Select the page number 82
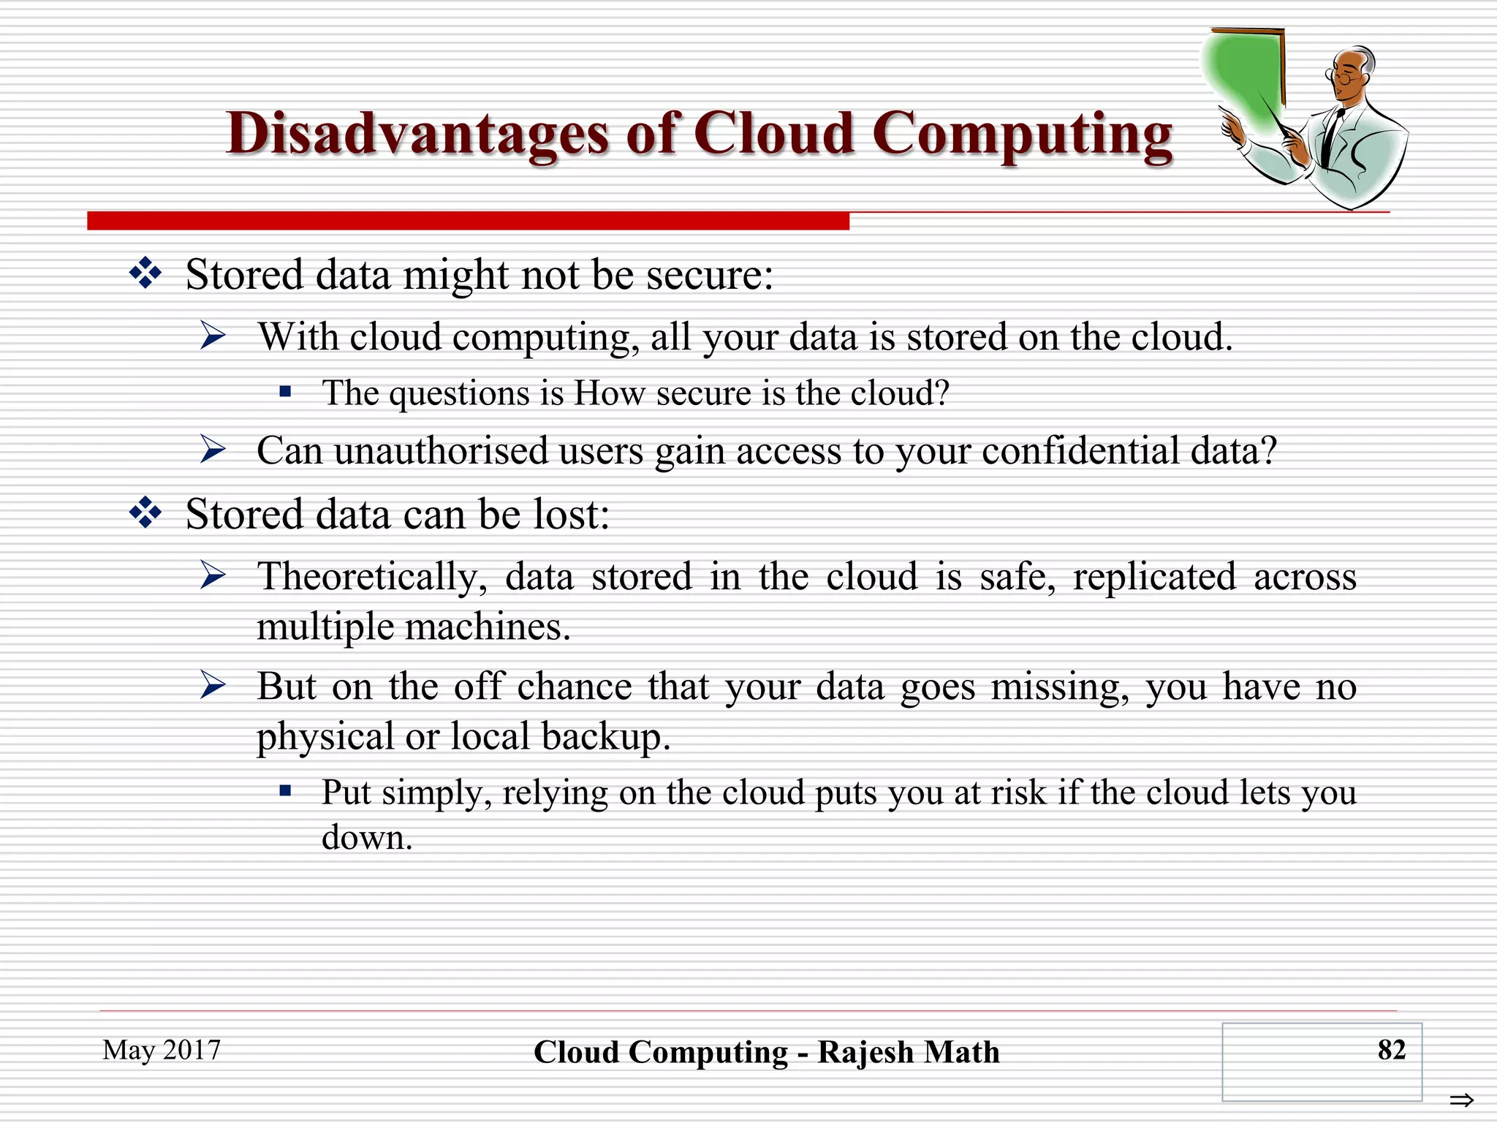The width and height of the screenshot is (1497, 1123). (1391, 1050)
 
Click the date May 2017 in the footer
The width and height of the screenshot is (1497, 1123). (162, 1050)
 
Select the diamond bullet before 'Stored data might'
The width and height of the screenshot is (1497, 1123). (145, 273)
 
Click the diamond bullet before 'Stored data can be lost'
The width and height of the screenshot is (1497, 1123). (145, 513)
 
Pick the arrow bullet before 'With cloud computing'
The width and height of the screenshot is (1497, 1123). (213, 336)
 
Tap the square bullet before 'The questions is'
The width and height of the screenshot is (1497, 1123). (285, 393)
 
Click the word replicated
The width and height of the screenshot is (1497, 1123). (1154, 576)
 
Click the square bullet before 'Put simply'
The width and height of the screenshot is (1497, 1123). (285, 791)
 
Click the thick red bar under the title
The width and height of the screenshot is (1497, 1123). (468, 221)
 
